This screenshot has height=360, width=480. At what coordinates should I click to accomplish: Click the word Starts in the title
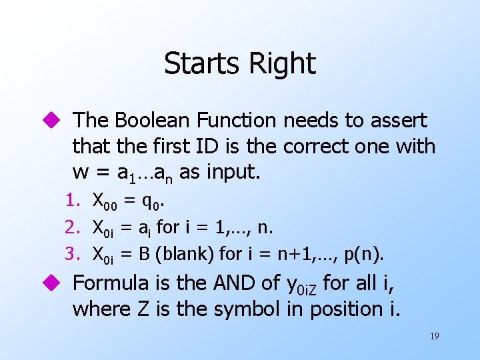tap(201, 64)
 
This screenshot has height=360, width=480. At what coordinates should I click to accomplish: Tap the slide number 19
tap(434, 337)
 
